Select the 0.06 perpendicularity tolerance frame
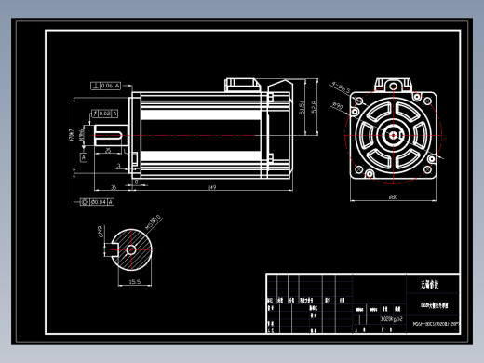click(x=106, y=86)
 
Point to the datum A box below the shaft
click(x=85, y=157)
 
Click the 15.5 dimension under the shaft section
click(x=134, y=281)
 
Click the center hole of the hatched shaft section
click(x=134, y=249)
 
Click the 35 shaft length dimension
click(x=114, y=187)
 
